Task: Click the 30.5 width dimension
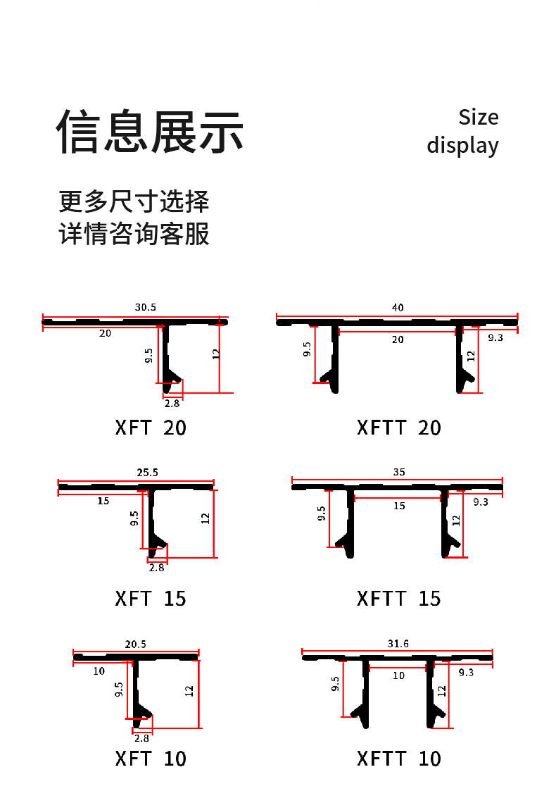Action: coord(146,307)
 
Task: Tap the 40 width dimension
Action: coord(398,307)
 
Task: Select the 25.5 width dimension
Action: coord(147,472)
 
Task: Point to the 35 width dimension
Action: coord(399,472)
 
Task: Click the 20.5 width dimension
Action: coord(136,644)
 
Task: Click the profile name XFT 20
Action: coord(151,428)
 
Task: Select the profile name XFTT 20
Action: coord(399,428)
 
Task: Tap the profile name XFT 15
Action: coord(151,599)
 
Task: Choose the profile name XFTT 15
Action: coord(399,599)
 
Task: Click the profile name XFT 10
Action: coord(151,759)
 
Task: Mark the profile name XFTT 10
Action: coord(399,759)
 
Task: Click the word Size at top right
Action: coord(478,117)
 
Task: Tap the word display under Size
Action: coord(462,145)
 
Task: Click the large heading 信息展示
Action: coord(151,132)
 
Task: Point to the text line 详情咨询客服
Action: coord(134,234)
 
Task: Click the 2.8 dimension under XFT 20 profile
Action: coord(172,404)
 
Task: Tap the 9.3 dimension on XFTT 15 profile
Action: coord(481,502)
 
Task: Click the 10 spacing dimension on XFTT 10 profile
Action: coord(399,675)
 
